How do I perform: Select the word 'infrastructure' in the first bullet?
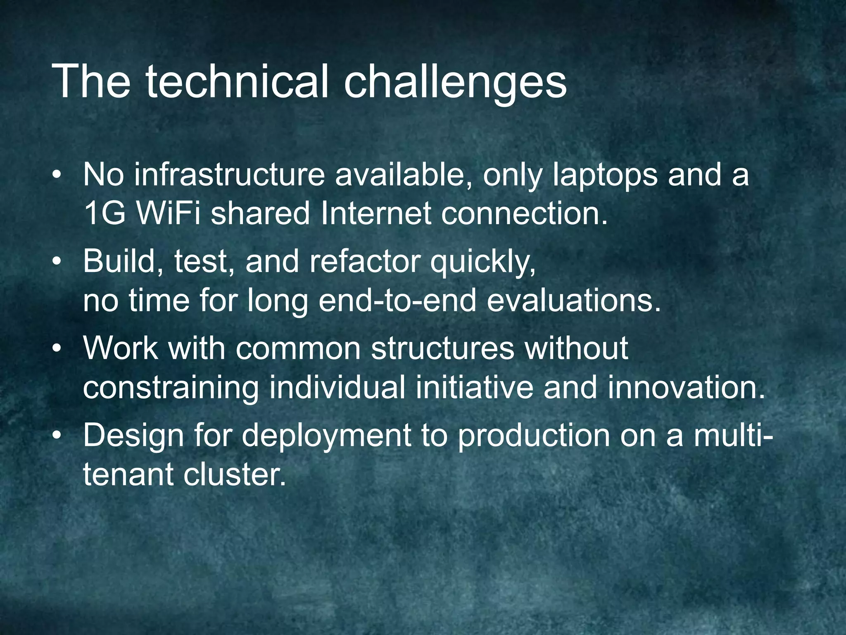pyautogui.click(x=230, y=175)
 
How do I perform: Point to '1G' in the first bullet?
pyautogui.click(x=103, y=213)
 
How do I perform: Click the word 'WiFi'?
pyautogui.click(x=168, y=213)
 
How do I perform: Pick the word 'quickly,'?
pyautogui.click(x=483, y=263)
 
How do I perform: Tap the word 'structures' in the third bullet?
pyautogui.click(x=442, y=348)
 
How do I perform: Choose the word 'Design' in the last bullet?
pyautogui.click(x=133, y=436)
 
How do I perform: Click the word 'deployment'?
pyautogui.click(x=326, y=437)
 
